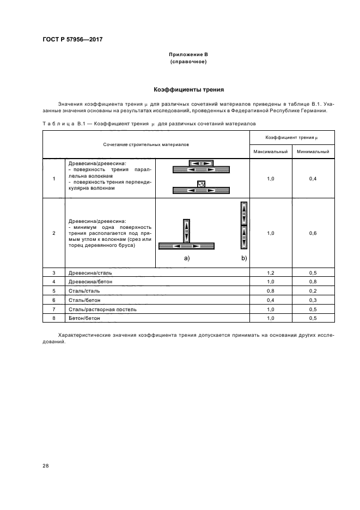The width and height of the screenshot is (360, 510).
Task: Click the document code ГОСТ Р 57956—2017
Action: pos(72,40)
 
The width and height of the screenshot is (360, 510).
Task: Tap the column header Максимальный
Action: pos(270,151)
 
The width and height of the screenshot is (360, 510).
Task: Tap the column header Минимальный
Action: pos(312,151)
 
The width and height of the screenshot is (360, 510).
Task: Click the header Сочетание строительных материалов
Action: pos(146,144)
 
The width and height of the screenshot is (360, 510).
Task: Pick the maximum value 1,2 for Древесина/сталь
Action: pos(271,272)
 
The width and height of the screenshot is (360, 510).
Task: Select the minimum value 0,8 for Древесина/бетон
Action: pos(312,281)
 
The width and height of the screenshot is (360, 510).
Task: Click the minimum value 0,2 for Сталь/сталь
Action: pos(312,290)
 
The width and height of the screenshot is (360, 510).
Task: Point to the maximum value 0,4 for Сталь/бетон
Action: pos(271,300)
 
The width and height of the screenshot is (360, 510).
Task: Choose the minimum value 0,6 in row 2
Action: pos(312,233)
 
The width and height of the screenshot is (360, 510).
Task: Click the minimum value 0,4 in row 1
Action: pos(312,178)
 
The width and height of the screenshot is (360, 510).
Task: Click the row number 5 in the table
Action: pos(54,290)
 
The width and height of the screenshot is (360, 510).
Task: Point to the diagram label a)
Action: pos(187,258)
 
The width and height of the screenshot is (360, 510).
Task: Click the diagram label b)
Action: pos(244,258)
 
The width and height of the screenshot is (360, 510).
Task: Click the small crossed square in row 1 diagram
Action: pos(201,184)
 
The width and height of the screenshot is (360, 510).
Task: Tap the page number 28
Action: pos(45,466)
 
